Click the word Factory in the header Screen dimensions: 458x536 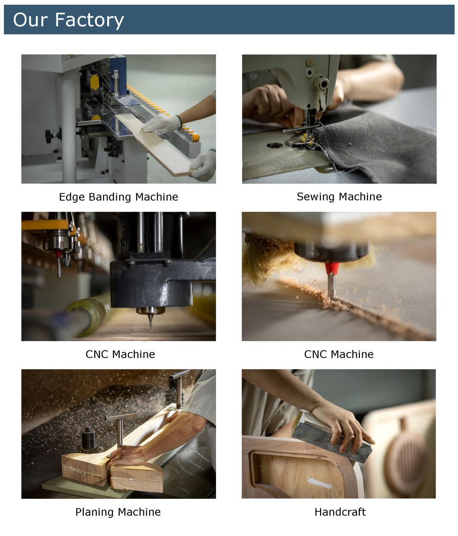89,20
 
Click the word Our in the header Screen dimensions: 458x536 30,20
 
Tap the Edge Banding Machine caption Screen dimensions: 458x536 118,197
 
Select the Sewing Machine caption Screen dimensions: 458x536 339,197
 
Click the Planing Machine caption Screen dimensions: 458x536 118,512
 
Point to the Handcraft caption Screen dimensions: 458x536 340,512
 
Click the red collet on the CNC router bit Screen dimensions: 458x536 332,268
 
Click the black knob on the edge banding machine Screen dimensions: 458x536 49,136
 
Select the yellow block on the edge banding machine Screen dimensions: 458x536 94,81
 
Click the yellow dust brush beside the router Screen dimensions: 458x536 267,258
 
